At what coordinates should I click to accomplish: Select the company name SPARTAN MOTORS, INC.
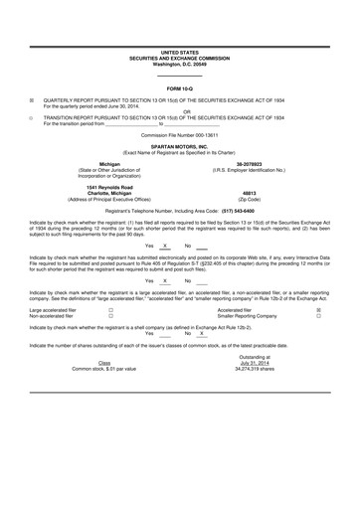(180, 144)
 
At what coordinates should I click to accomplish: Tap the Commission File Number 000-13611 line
(180, 133)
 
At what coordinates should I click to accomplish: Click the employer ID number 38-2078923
(250, 163)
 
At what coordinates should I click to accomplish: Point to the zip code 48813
(249, 195)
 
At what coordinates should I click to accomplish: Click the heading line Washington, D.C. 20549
(180, 64)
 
